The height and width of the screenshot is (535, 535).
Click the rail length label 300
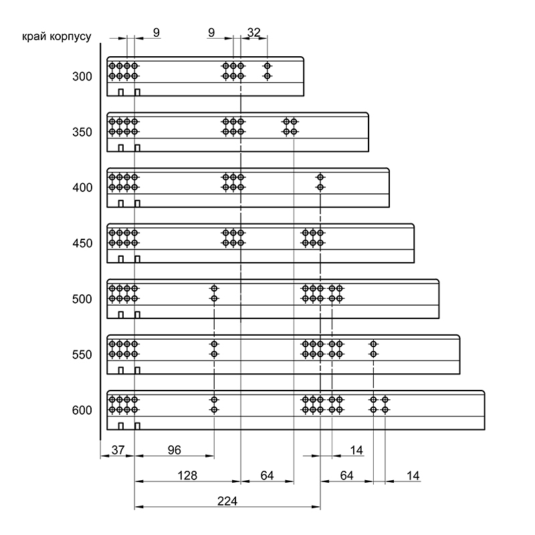point(82,76)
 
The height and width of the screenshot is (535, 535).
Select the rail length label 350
point(82,132)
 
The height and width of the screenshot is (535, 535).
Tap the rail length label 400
point(82,188)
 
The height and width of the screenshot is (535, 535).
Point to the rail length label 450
point(82,243)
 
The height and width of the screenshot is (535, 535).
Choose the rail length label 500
point(82,299)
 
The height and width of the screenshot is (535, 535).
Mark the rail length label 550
point(82,354)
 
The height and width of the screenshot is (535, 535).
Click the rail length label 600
point(82,410)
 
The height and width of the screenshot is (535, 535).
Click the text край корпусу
point(57,37)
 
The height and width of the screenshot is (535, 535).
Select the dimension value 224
point(227,501)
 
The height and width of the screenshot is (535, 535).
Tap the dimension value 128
point(187,475)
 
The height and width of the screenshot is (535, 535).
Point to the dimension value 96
point(175,450)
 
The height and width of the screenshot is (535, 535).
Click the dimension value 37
point(118,450)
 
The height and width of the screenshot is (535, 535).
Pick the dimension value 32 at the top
point(254,32)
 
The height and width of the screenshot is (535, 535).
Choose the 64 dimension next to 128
point(267,475)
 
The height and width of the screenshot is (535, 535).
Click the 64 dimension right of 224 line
point(346,475)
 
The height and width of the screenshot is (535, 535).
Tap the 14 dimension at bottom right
point(413,475)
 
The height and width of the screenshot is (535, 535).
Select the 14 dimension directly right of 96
point(356,450)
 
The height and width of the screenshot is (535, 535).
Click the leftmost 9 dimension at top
point(156,32)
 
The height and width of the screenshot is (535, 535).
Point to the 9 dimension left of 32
point(211,32)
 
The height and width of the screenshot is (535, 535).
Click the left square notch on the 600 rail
point(121,426)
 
